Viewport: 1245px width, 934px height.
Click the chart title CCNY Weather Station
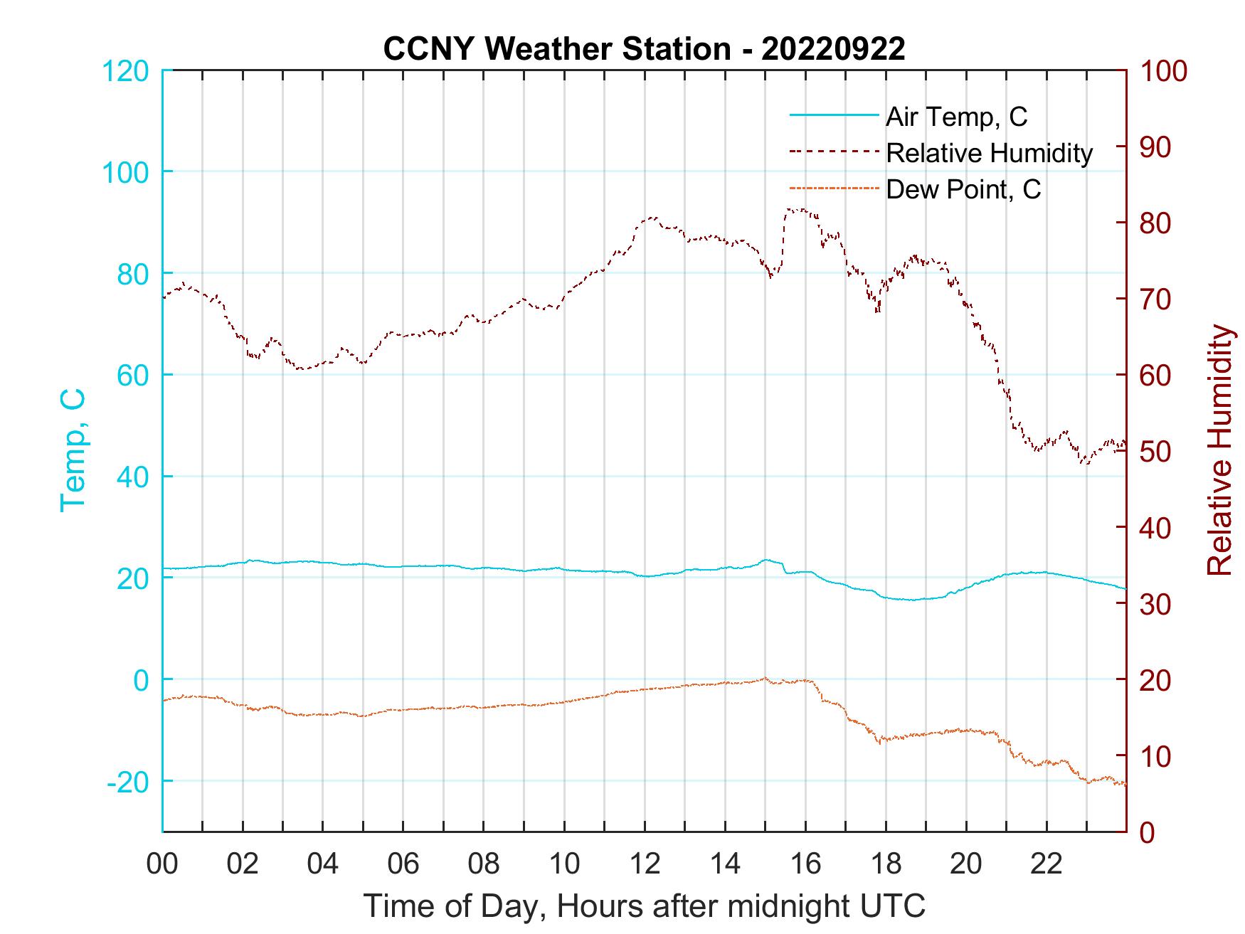644,48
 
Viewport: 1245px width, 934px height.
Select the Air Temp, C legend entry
955,117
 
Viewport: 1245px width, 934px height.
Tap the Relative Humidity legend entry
988,153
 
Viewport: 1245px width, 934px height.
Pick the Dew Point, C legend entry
963,189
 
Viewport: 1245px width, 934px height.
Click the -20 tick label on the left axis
127,782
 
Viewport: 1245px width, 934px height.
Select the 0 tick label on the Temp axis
142,680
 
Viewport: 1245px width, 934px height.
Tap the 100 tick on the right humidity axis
1164,71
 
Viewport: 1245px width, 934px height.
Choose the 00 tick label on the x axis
162,864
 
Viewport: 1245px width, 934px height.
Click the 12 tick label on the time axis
645,864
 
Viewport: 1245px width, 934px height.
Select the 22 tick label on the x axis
1047,864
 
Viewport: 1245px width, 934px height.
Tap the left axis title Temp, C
73,450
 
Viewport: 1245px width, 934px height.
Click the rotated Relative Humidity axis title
1219,450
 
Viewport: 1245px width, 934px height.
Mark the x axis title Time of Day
644,906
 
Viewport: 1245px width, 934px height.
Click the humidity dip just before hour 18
878,310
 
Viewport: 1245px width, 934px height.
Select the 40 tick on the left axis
132,477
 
